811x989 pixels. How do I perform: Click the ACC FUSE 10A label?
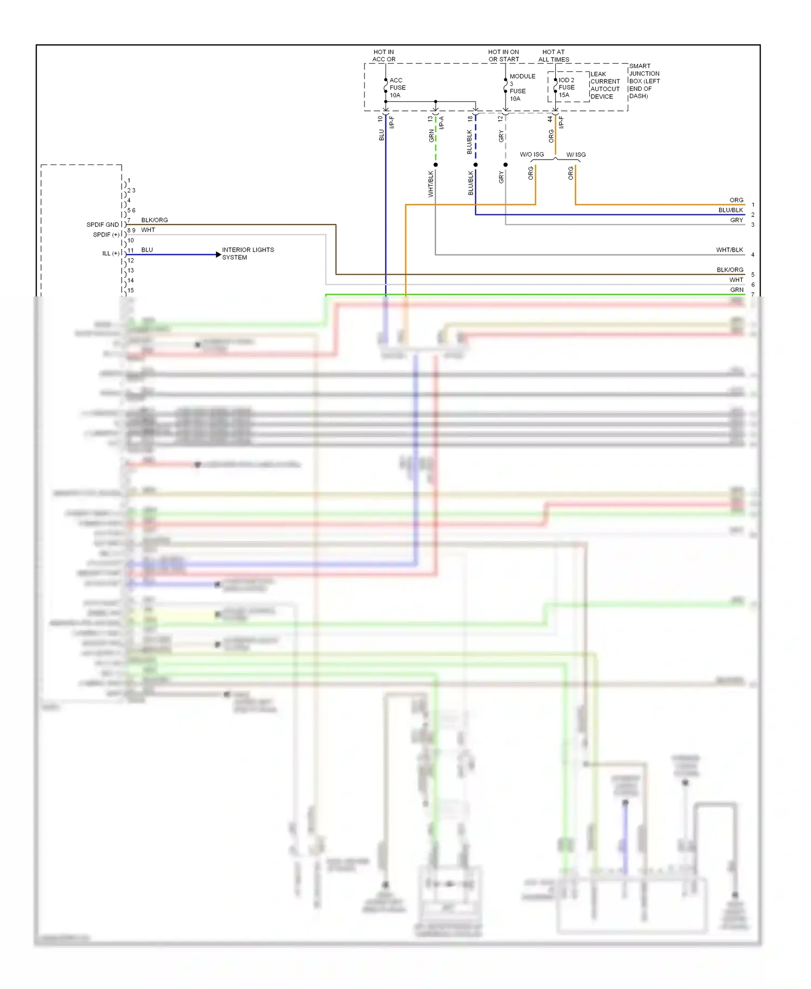pos(397,88)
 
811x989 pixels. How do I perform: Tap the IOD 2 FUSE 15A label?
pos(566,87)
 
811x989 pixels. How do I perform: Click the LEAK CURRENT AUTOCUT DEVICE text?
pos(604,85)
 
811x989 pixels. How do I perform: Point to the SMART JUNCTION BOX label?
pos(644,81)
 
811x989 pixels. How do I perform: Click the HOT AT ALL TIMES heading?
pos(554,56)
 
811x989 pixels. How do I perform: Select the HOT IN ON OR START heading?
pos(503,56)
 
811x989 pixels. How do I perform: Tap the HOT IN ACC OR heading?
pos(384,56)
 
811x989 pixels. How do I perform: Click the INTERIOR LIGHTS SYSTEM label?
pos(248,253)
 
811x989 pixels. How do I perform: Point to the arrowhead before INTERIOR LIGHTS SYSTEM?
pos(218,254)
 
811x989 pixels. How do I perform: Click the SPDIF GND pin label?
pos(102,225)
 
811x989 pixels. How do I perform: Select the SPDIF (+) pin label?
pos(106,235)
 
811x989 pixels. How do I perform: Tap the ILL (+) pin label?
pos(111,253)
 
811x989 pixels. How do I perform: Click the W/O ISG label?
pos(531,155)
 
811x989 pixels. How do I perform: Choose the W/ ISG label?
pos(576,155)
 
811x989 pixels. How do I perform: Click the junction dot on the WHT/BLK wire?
pos(435,164)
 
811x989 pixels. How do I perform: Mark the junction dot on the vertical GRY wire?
pos(506,164)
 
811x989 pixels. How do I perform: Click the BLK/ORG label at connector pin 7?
pos(155,220)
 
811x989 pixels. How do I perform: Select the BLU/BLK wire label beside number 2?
pos(730,210)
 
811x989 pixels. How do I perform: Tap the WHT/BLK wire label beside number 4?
pos(729,250)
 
